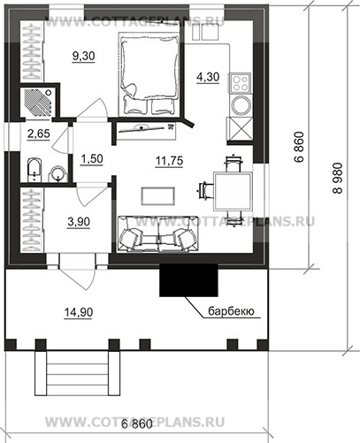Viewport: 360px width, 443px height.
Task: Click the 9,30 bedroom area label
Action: pyautogui.click(x=84, y=56)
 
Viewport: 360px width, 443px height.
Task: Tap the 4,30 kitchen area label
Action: pyautogui.click(x=208, y=77)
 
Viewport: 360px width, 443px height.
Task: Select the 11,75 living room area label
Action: pyautogui.click(x=170, y=161)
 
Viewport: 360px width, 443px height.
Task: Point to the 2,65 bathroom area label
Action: pyautogui.click(x=39, y=134)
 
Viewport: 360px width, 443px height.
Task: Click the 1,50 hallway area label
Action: pyautogui.click(x=92, y=159)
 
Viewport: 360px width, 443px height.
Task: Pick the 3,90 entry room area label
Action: pyautogui.click(x=79, y=222)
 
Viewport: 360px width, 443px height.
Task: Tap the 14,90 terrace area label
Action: pyautogui.click(x=79, y=312)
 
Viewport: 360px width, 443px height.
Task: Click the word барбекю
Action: pyautogui.click(x=231, y=311)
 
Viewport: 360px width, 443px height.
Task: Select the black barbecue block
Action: pyautogui.click(x=188, y=279)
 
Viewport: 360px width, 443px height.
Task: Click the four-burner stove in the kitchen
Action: pyautogui.click(x=240, y=83)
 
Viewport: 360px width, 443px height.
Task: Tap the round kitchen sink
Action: pyautogui.click(x=241, y=105)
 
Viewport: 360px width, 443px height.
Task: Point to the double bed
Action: pyautogui.click(x=149, y=74)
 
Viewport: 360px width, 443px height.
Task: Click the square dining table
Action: pyautogui.click(x=234, y=191)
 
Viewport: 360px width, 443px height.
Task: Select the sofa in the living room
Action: pyautogui.click(x=158, y=234)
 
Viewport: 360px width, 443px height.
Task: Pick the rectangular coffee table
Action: pyautogui.click(x=158, y=196)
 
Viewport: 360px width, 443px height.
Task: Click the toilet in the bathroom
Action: pyautogui.click(x=34, y=170)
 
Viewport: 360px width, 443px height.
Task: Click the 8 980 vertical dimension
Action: pyautogui.click(x=339, y=178)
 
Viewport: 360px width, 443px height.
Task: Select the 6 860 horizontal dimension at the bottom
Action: pyautogui.click(x=137, y=424)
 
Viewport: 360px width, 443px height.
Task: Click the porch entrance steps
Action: pyautogui.click(x=78, y=373)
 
